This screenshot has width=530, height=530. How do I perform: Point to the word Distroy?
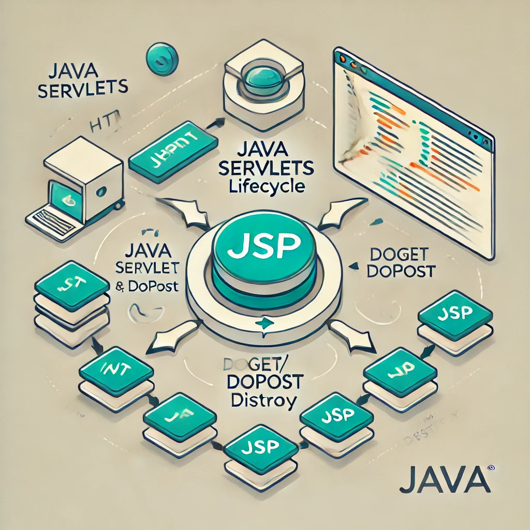point(264,400)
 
